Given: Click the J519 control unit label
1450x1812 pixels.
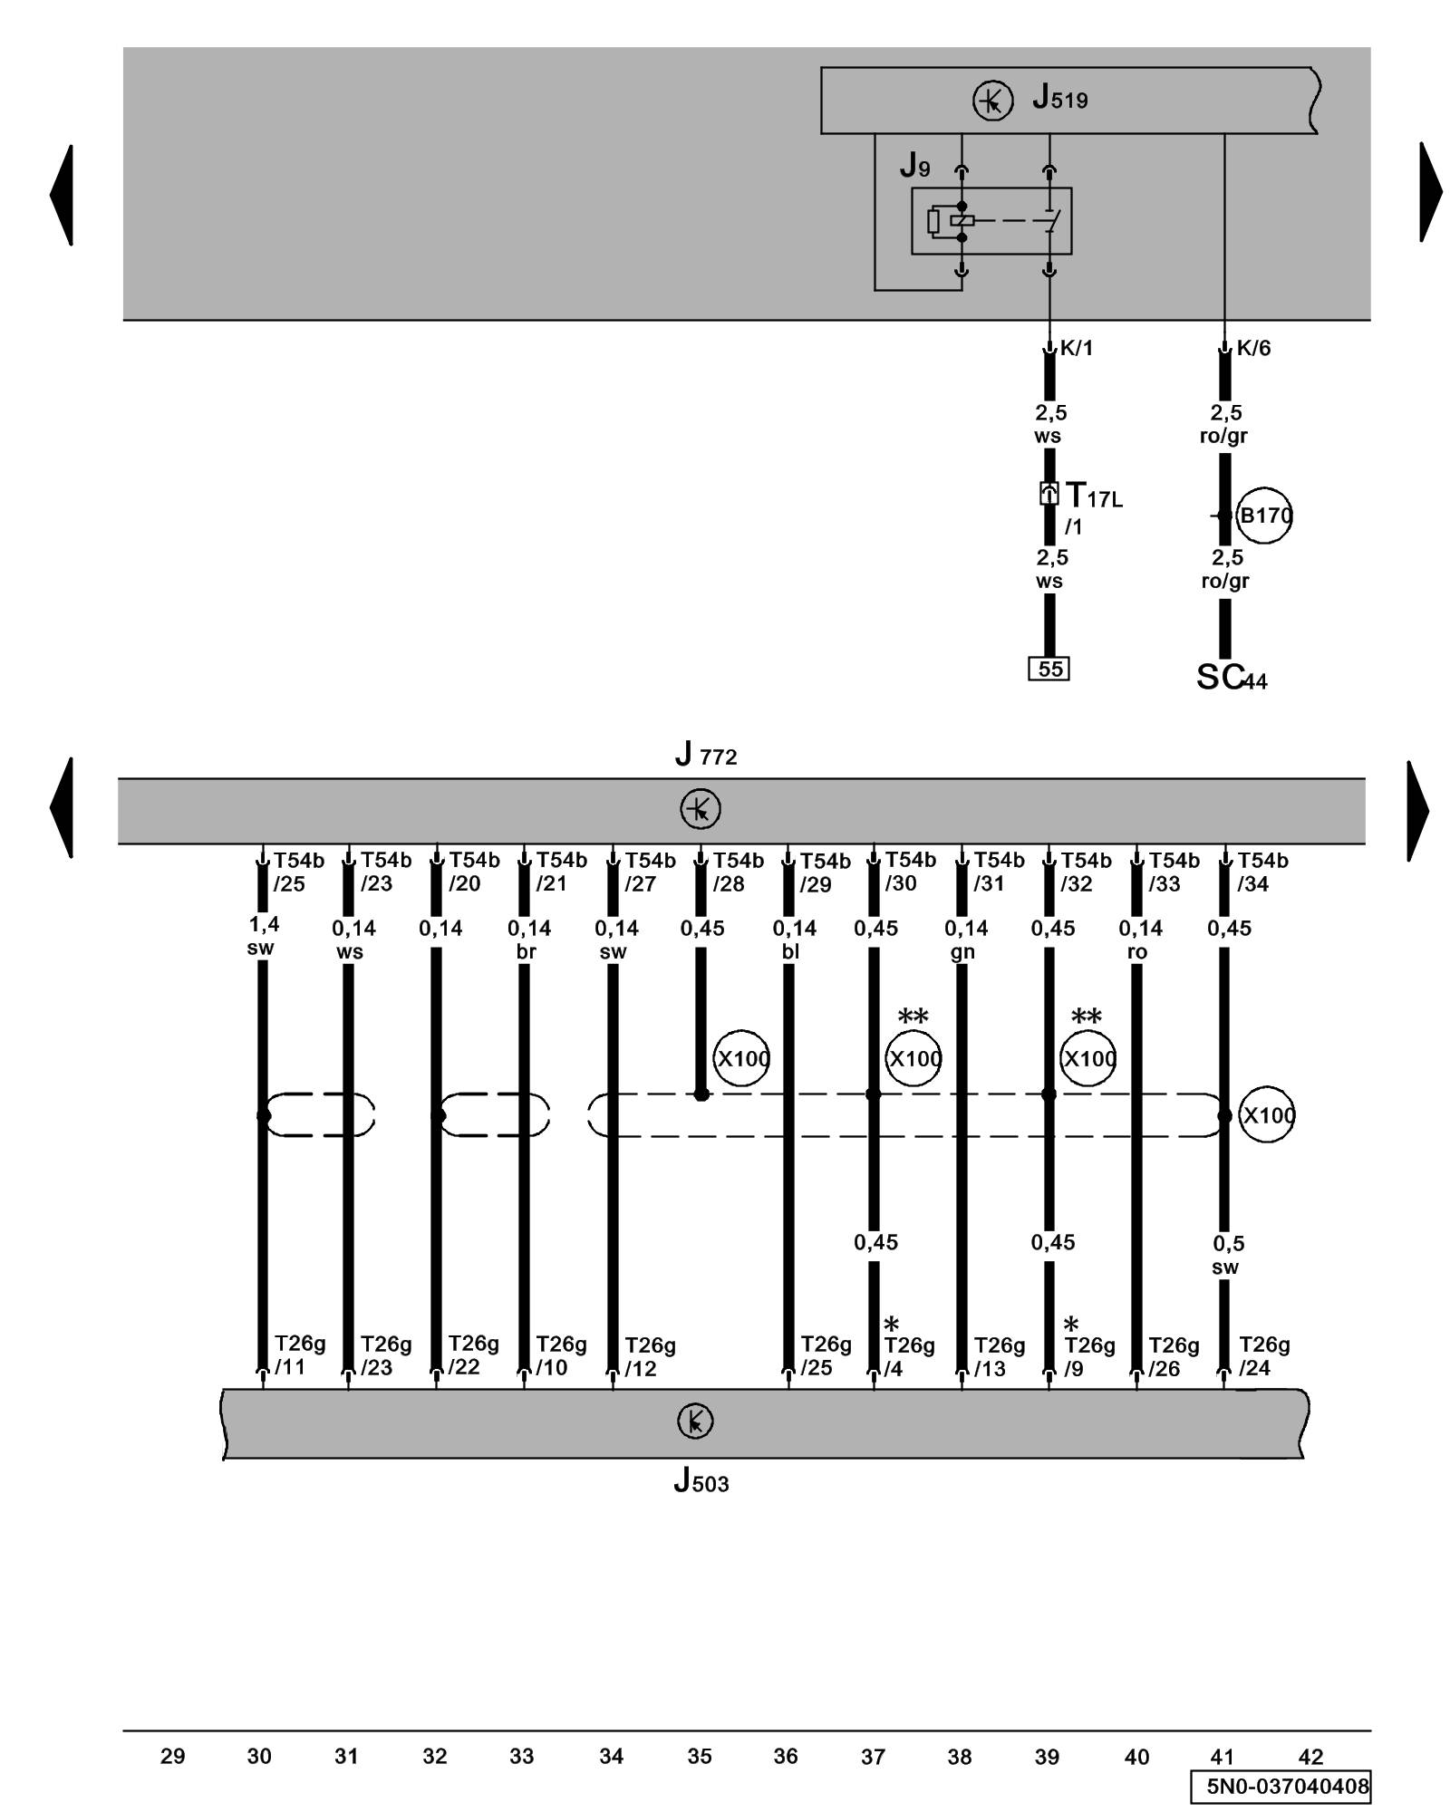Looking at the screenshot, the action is pos(1059,97).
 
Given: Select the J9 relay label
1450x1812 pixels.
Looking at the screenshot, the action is pos(914,166).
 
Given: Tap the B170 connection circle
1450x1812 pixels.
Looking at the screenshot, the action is pos(1264,516).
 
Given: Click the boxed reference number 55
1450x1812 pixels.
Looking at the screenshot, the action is pos(1049,669).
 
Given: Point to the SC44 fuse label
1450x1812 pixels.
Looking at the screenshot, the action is pos(1231,678).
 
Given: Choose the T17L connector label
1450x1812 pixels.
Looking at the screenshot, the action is pos(1093,496).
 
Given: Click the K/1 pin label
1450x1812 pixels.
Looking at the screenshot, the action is pos(1076,348).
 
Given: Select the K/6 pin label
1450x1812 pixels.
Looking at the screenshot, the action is pos(1252,348).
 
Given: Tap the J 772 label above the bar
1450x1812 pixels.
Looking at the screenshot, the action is pos(706,754).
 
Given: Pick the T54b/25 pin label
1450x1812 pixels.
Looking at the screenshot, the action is pos(298,872).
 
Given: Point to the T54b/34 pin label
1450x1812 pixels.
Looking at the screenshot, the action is pos(1261,872).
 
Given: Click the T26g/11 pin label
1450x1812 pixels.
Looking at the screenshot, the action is pos(299,1354).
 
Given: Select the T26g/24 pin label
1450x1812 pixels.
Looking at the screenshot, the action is pos(1263,1355).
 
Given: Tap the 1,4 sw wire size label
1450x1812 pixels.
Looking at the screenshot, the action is pos(263,936).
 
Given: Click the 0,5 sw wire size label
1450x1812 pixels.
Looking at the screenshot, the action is pos(1227,1255).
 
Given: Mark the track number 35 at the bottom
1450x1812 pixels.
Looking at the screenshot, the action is pos(699,1756).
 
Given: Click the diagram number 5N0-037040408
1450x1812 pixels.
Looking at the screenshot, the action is pos(1287,1786).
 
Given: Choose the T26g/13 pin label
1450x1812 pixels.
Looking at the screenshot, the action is pos(999,1356).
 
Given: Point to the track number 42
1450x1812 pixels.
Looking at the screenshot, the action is pos(1310,1756).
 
